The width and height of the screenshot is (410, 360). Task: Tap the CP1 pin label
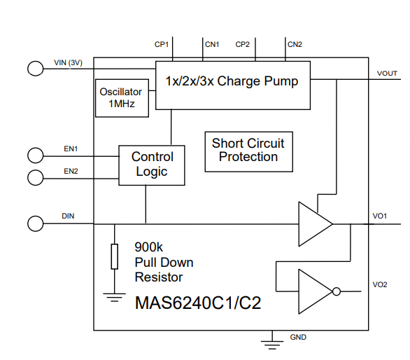162,45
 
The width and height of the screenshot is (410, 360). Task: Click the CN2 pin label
295,45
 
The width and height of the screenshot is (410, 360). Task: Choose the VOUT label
387,74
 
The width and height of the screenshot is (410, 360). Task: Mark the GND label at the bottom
298,337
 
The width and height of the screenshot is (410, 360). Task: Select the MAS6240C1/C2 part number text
198,303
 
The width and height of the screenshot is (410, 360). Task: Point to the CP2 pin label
242,45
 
